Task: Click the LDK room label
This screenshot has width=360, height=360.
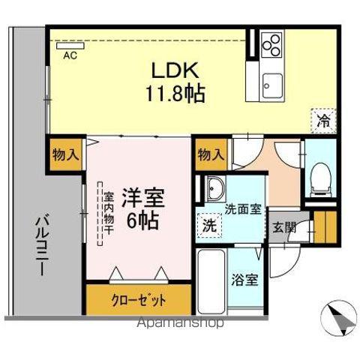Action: tap(175, 71)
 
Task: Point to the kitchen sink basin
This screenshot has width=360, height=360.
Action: tap(271, 82)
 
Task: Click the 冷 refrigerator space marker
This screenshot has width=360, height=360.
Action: tap(323, 119)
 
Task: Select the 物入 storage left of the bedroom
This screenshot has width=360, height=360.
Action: tap(66, 155)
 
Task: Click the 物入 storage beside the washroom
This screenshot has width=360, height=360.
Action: tap(211, 155)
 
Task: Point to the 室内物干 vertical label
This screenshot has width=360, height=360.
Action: tap(109, 213)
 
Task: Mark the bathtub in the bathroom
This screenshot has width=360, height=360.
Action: tap(211, 283)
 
